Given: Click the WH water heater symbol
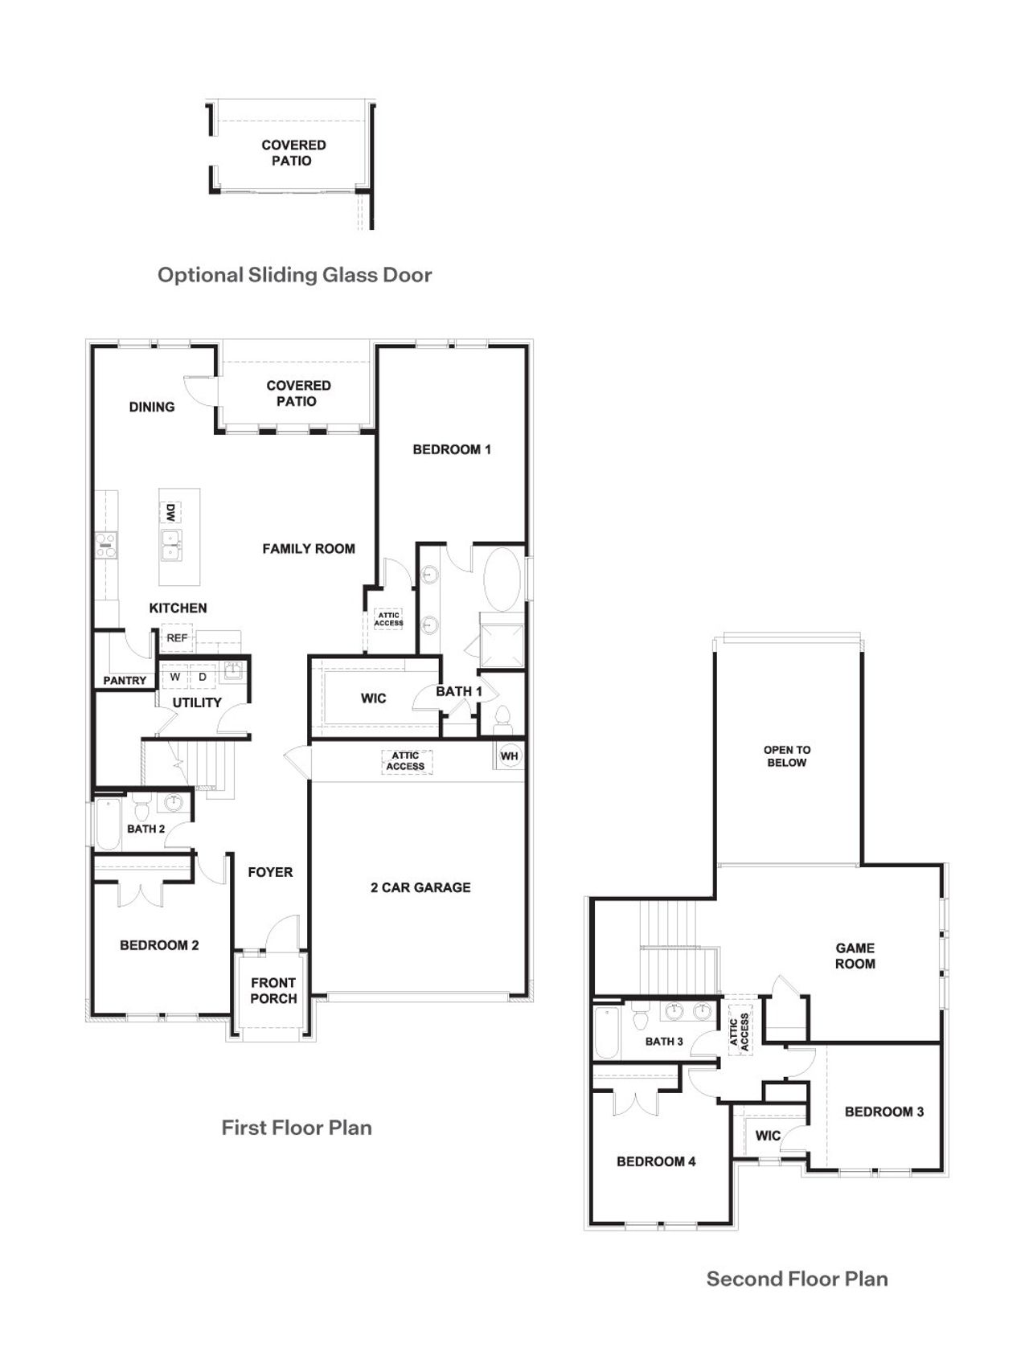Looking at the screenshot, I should pyautogui.click(x=509, y=756).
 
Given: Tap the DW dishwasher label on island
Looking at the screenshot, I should pyautogui.click(x=170, y=512).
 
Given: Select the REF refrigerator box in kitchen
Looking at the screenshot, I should pyautogui.click(x=177, y=638).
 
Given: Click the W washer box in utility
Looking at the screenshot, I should pyautogui.click(x=175, y=677).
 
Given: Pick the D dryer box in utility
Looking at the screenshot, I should pyautogui.click(x=203, y=677).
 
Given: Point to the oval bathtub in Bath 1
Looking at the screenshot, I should pyautogui.click(x=502, y=579).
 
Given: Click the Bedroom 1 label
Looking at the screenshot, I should pyautogui.click(x=452, y=449).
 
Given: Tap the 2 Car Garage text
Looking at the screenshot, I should pyautogui.click(x=420, y=887).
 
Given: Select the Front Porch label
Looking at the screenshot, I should pyautogui.click(x=273, y=990).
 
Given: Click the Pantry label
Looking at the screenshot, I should pyautogui.click(x=125, y=680).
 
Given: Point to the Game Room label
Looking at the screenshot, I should pyautogui.click(x=855, y=956).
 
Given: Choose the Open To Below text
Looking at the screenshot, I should pyautogui.click(x=787, y=756).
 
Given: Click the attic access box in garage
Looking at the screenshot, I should pyautogui.click(x=406, y=761).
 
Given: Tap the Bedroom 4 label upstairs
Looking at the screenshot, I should pyautogui.click(x=656, y=1161).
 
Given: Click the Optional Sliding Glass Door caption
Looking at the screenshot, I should pyautogui.click(x=294, y=275).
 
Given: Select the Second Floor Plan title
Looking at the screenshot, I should pyautogui.click(x=797, y=1279).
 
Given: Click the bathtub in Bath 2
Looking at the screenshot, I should pyautogui.click(x=108, y=824).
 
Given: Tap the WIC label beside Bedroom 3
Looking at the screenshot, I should pyautogui.click(x=768, y=1136).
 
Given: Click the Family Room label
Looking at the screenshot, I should pyautogui.click(x=309, y=549).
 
